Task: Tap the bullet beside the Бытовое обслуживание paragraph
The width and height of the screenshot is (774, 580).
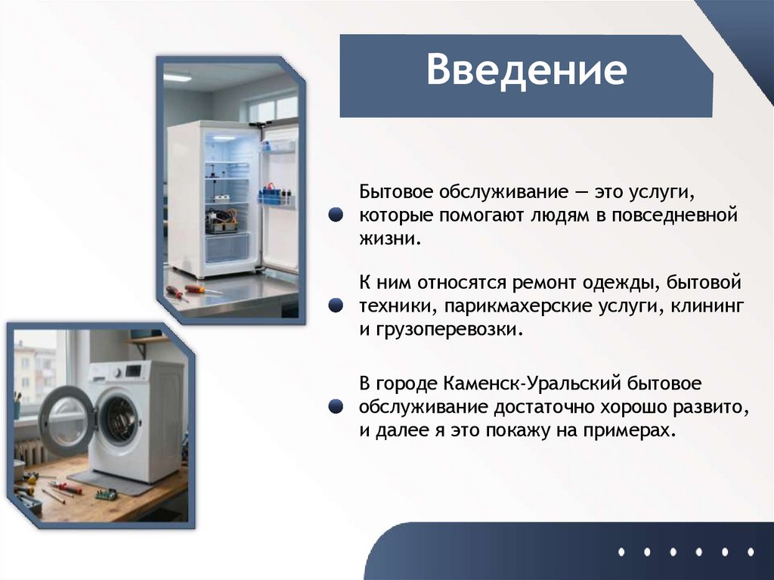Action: pyautogui.click(x=337, y=216)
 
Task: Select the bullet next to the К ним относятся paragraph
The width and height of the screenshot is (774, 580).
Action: pyautogui.click(x=337, y=306)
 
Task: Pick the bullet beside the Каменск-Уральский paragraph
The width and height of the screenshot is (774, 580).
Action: pyautogui.click(x=337, y=407)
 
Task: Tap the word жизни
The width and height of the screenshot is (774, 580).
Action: pyautogui.click(x=388, y=239)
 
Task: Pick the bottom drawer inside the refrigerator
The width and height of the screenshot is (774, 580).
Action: pyautogui.click(x=227, y=247)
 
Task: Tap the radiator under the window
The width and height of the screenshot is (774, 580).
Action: pyautogui.click(x=31, y=451)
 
